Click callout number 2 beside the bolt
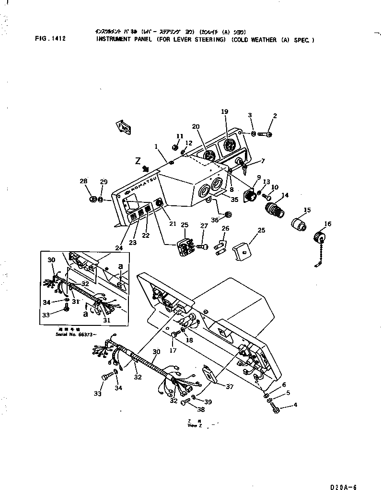[x=275, y=115]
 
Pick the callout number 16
[x=327, y=224]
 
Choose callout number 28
[x=84, y=181]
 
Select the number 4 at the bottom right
[x=295, y=405]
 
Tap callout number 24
[x=118, y=248]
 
